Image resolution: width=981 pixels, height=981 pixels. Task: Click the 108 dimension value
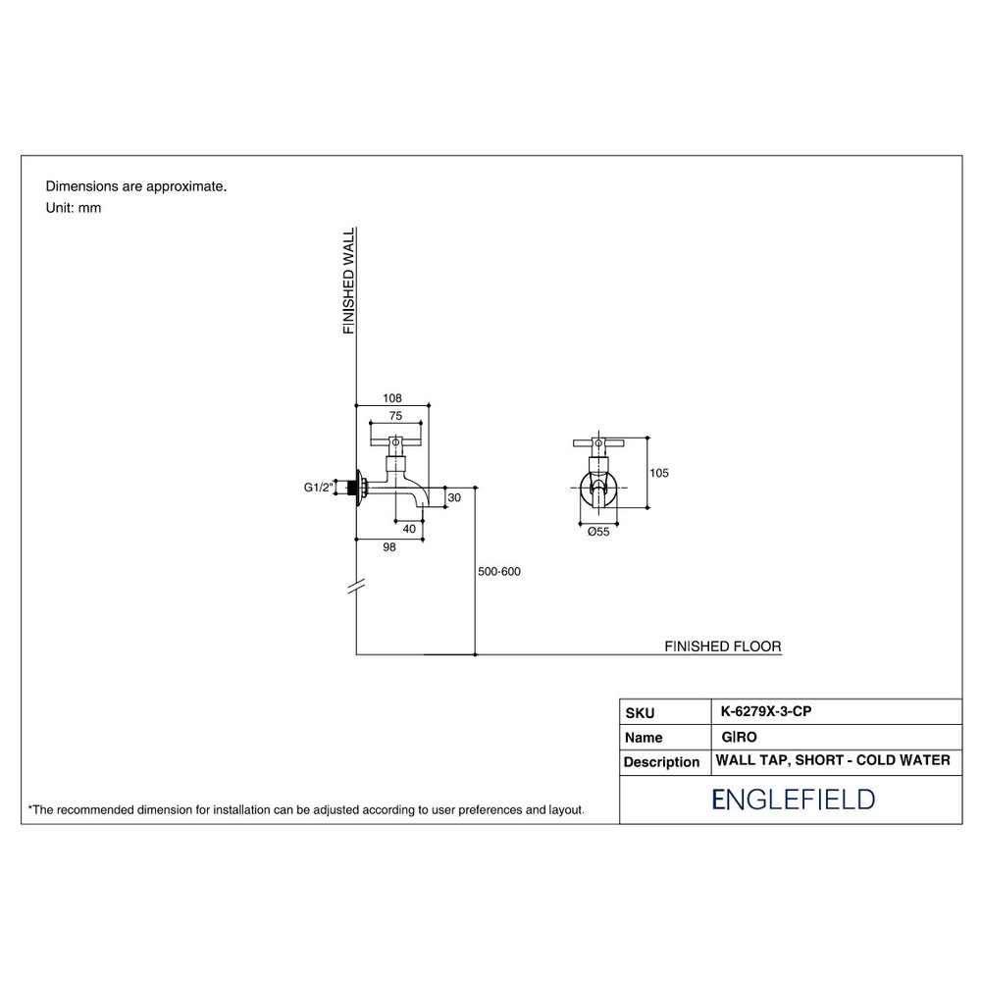pyautogui.click(x=392, y=398)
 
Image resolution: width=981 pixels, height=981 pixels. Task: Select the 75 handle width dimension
pyautogui.click(x=395, y=416)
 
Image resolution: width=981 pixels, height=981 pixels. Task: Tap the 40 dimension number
pyautogui.click(x=409, y=529)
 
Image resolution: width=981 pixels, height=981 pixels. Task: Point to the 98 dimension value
pyautogui.click(x=389, y=547)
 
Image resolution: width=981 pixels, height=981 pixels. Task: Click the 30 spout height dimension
pyautogui.click(x=455, y=497)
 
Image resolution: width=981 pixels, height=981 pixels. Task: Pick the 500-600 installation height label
pyautogui.click(x=499, y=571)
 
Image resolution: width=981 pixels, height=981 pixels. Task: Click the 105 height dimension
pyautogui.click(x=659, y=473)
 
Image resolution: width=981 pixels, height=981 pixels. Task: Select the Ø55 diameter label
pyautogui.click(x=598, y=532)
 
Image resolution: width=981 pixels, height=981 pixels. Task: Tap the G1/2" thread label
pyautogui.click(x=319, y=488)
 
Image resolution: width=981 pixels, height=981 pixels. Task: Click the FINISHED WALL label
pyautogui.click(x=349, y=281)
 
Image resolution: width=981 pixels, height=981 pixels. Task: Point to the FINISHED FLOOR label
pyautogui.click(x=723, y=646)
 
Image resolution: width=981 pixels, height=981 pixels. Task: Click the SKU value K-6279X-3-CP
pyautogui.click(x=766, y=711)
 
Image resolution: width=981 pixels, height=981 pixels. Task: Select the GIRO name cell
pyautogui.click(x=739, y=737)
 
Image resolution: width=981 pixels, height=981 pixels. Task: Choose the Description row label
pyautogui.click(x=661, y=762)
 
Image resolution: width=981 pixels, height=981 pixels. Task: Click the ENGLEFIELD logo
pyautogui.click(x=794, y=800)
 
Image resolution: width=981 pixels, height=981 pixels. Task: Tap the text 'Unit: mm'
pyautogui.click(x=74, y=208)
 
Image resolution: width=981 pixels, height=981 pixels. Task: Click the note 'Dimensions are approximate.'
pyautogui.click(x=136, y=186)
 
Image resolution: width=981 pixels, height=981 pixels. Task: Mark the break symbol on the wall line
pyautogui.click(x=356, y=587)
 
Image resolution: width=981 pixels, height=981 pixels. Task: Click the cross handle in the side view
pyautogui.click(x=395, y=441)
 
